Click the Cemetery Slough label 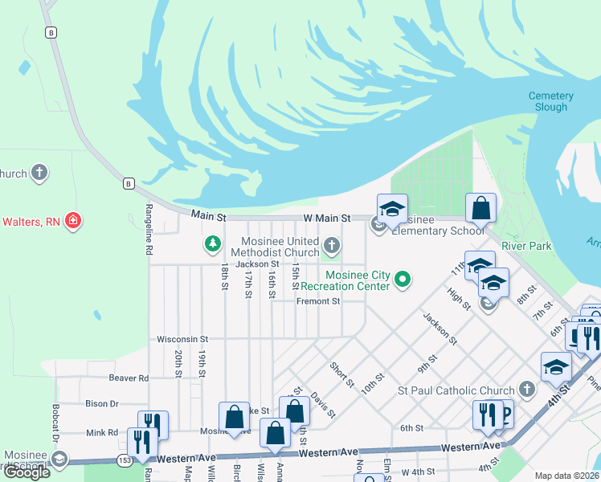[550, 101]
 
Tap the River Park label [526, 246]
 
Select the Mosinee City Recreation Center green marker [404, 280]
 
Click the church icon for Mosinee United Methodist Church [331, 243]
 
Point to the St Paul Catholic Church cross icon [526, 390]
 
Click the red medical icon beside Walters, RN [72, 220]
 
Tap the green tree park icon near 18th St [212, 243]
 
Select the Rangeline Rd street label [149, 237]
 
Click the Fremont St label [318, 301]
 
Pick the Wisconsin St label [182, 339]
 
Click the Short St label [342, 374]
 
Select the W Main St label [326, 218]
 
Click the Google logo [27, 472]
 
